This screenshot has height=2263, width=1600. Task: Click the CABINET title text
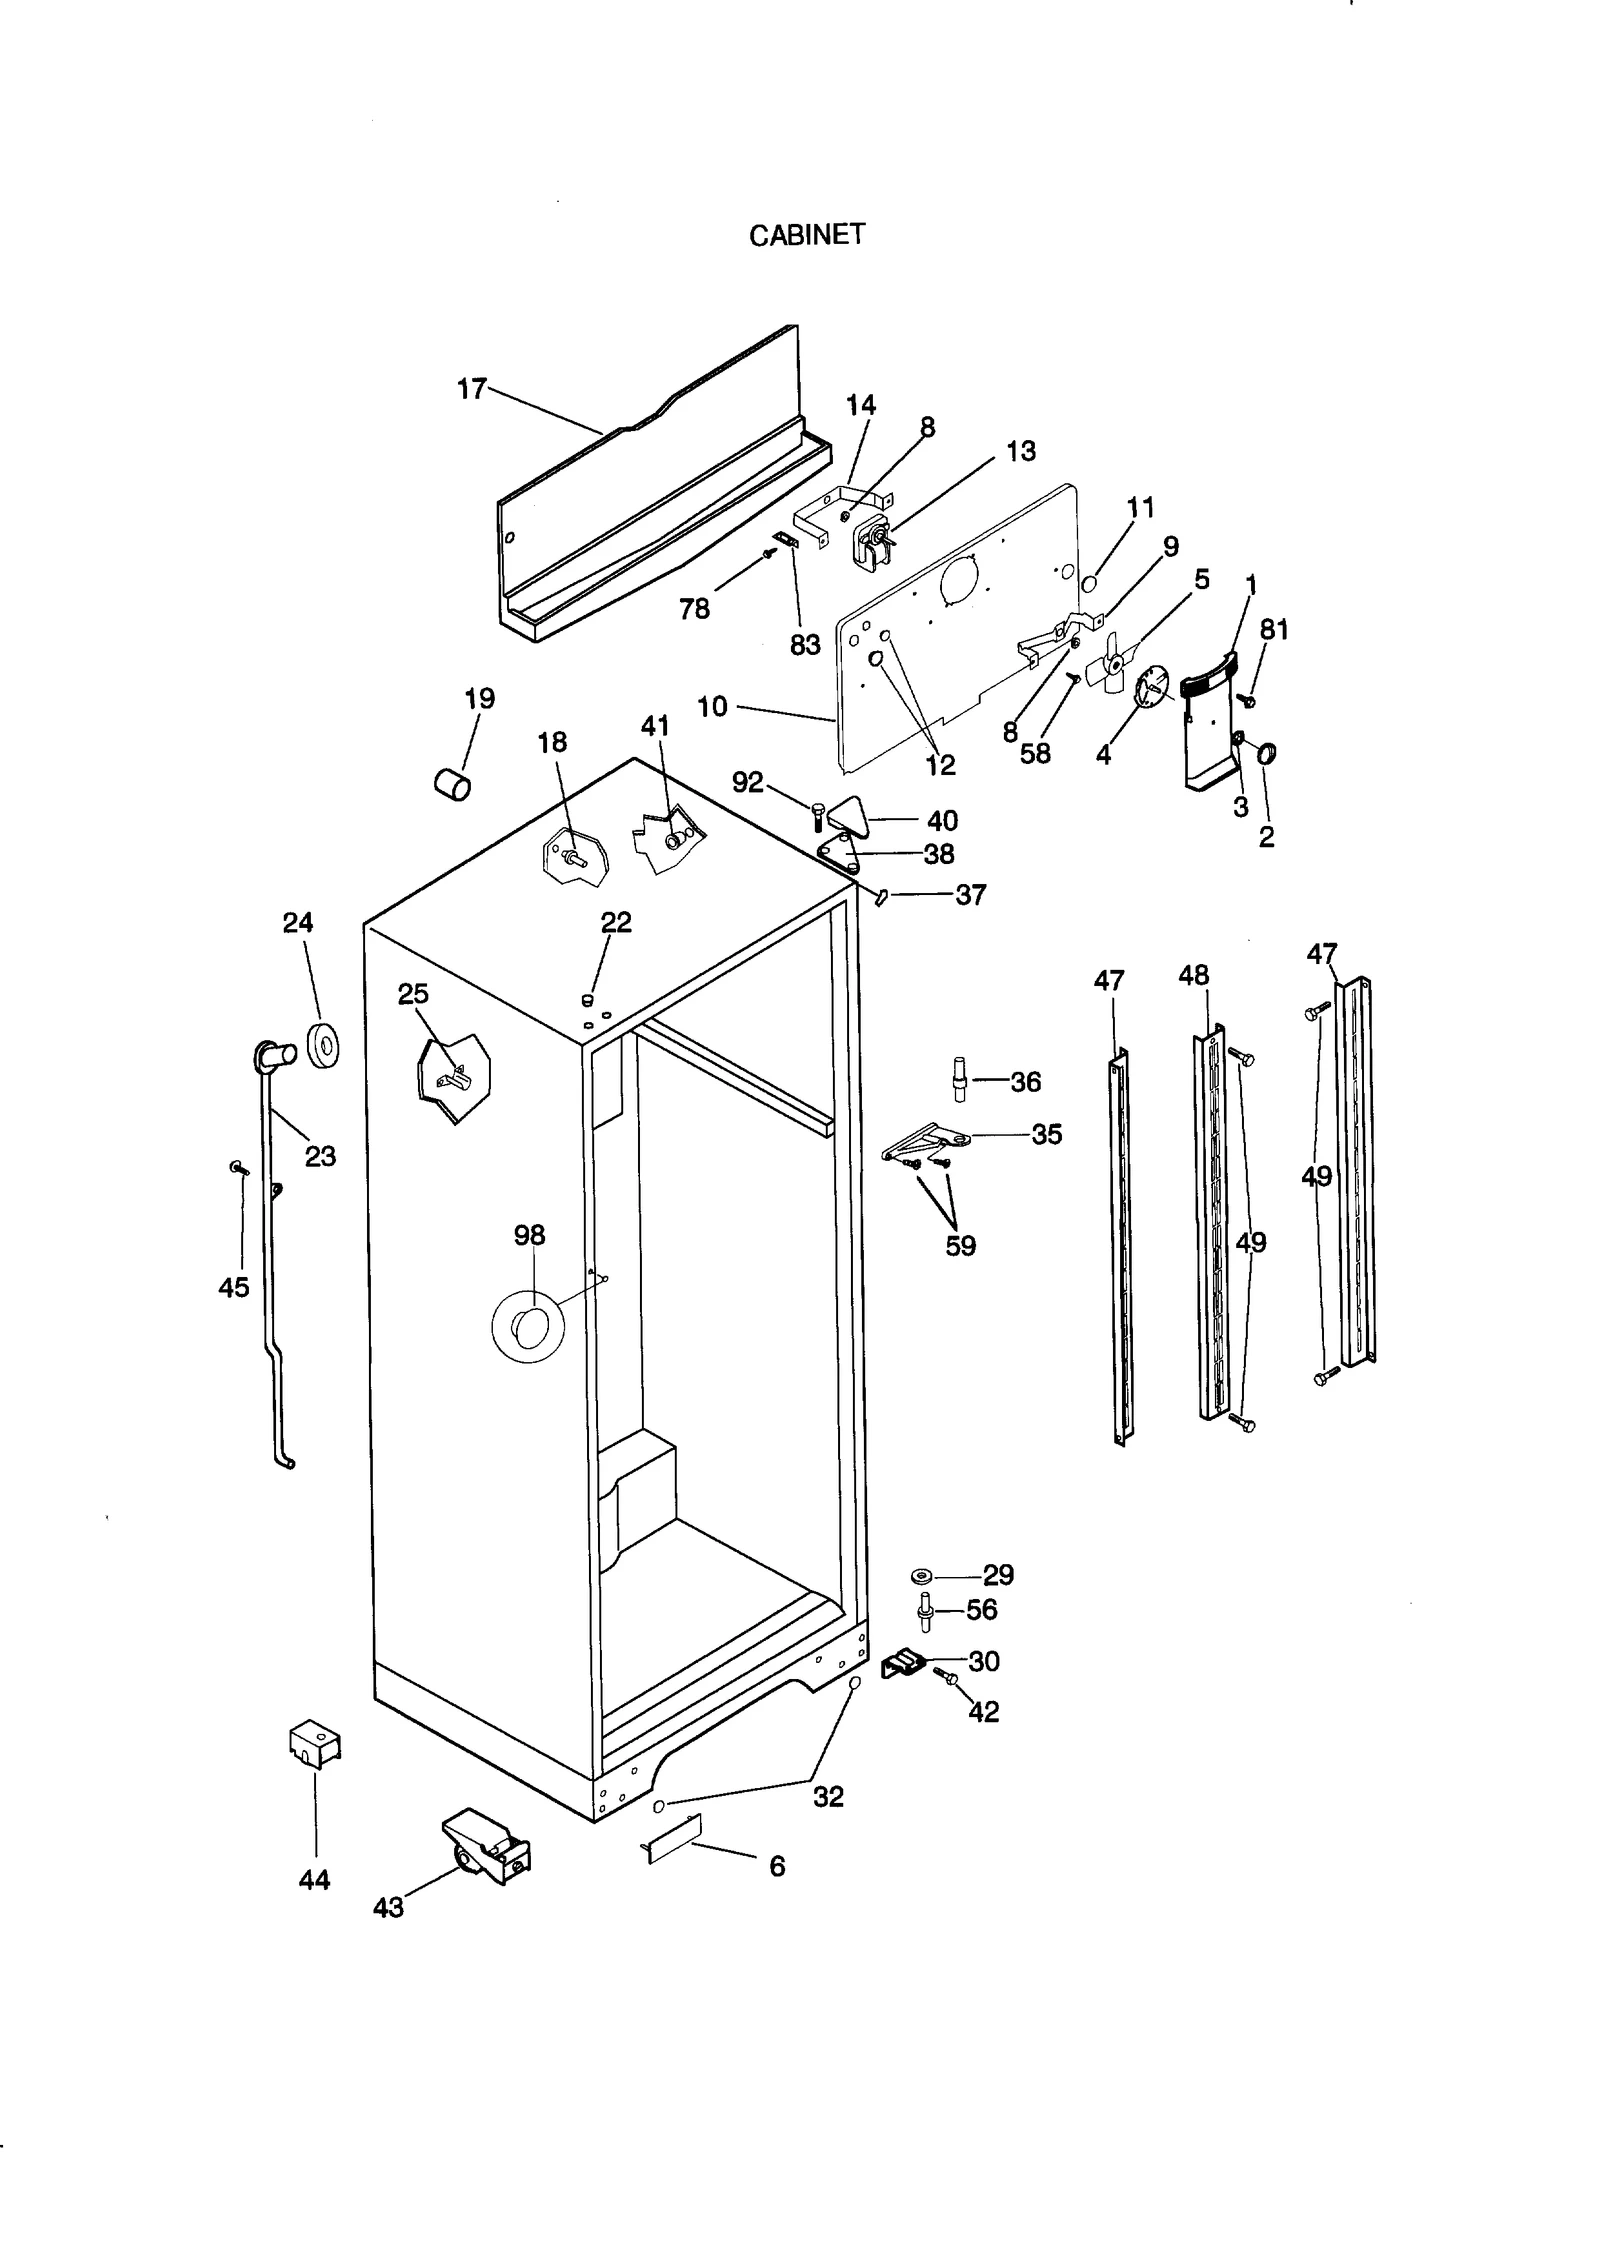point(806,235)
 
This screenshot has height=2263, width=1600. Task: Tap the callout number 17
point(471,389)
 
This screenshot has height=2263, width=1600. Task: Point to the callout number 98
point(529,1235)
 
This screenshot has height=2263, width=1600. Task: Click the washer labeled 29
point(921,1576)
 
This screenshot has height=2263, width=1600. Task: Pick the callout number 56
point(981,1609)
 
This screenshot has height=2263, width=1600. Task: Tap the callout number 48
point(1193,975)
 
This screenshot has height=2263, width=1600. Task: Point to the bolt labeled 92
point(818,814)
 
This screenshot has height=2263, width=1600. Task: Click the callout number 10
point(712,707)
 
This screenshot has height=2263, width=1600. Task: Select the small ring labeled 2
point(1266,753)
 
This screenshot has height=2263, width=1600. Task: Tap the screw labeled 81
point(1246,700)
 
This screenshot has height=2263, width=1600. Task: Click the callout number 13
point(1020,451)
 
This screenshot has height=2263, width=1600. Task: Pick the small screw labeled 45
point(238,1167)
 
